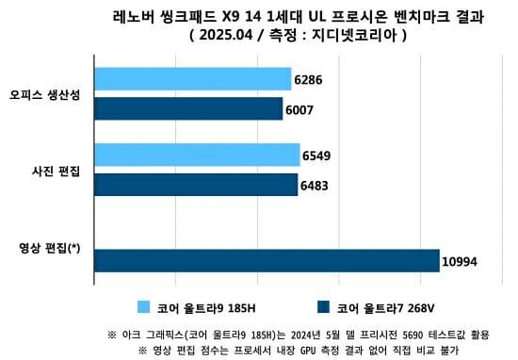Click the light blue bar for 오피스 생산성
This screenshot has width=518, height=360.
pos(193,79)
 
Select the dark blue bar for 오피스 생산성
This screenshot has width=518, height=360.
pos(188,109)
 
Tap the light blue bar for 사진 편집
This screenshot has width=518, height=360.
pos(197,155)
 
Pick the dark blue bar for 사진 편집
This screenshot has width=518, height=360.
pos(196,185)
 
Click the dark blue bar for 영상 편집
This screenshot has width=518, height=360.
pos(267,260)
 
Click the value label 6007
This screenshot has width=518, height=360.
pos(299,110)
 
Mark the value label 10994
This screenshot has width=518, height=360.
pos(461,261)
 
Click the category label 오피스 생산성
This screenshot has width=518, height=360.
pos(44,94)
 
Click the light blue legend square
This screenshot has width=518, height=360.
pos(144,306)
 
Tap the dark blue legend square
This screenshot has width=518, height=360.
pos(324,306)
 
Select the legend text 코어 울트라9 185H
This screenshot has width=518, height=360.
pos(206,307)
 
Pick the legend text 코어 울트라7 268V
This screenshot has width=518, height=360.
pos(385,307)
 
